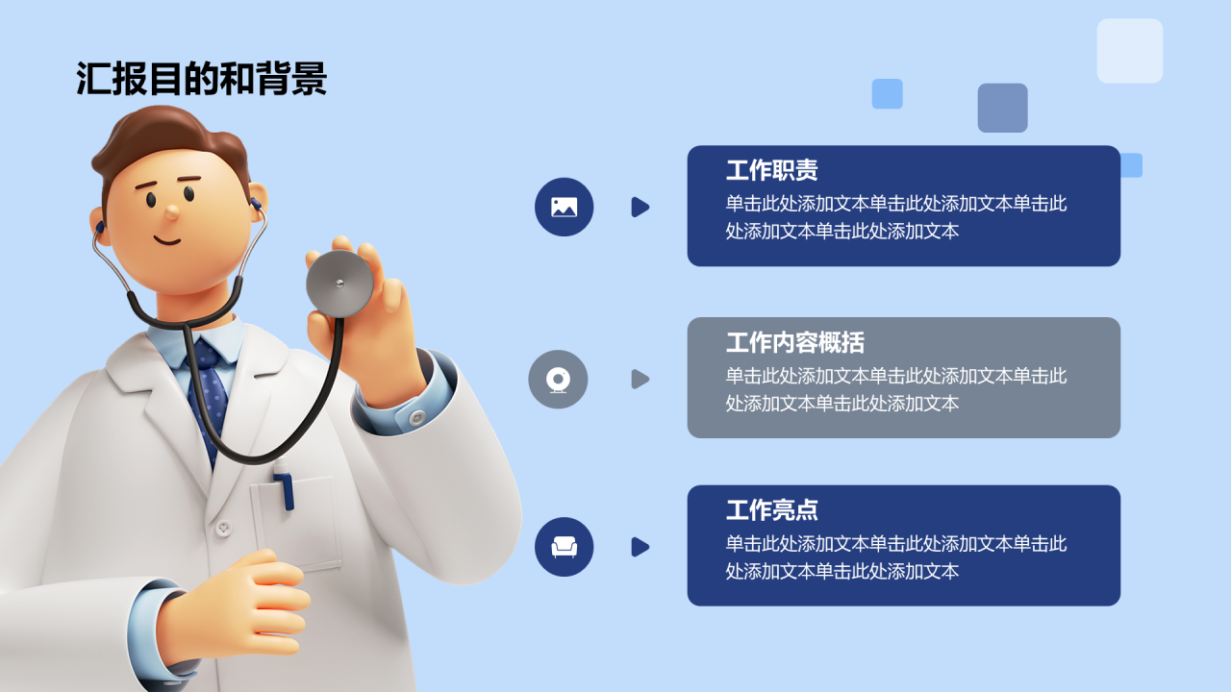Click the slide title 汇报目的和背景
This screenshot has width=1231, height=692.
[202, 79]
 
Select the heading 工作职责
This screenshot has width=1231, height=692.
[771, 171]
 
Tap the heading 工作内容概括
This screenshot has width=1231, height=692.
[794, 342]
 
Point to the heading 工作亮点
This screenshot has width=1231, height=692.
[771, 510]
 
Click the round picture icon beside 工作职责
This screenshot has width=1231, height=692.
[564, 207]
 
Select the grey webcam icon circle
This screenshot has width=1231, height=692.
[558, 379]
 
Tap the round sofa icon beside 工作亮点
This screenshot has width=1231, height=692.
[564, 547]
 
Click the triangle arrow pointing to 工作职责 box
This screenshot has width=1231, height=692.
[640, 207]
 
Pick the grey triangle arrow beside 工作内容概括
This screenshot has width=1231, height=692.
[640, 379]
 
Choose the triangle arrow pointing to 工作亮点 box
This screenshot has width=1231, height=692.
[640, 547]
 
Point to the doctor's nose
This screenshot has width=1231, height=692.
[171, 211]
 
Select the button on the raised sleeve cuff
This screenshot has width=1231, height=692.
[416, 417]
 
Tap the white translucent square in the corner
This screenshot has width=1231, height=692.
[1130, 51]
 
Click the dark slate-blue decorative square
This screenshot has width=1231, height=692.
[1002, 108]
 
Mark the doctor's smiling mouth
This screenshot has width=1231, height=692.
[167, 239]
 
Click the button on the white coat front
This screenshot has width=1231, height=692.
[224, 528]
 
